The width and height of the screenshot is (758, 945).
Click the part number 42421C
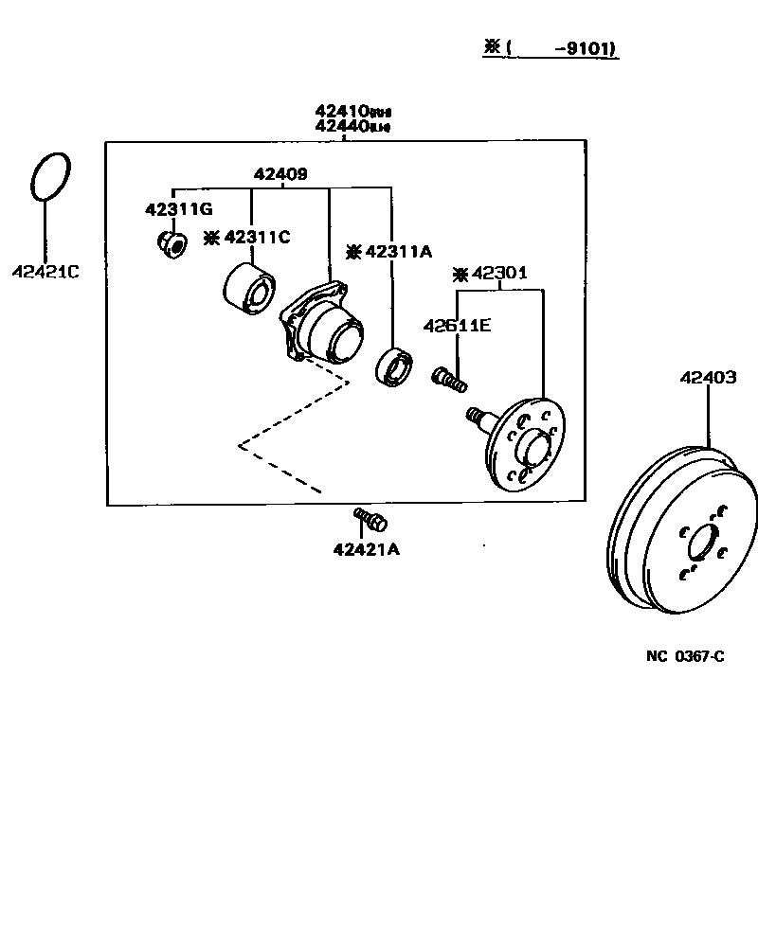coord(45,272)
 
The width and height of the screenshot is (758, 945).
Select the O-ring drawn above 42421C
coord(49,176)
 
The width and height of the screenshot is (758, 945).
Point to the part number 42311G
coord(179,208)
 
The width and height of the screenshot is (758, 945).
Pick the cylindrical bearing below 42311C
coord(248,289)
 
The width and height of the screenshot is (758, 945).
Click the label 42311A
coord(397,251)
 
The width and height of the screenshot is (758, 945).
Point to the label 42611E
coord(456,326)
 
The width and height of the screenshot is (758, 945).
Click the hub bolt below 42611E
coord(449,380)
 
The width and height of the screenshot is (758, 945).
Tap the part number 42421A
coord(366,548)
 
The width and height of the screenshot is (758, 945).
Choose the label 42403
coord(707,377)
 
